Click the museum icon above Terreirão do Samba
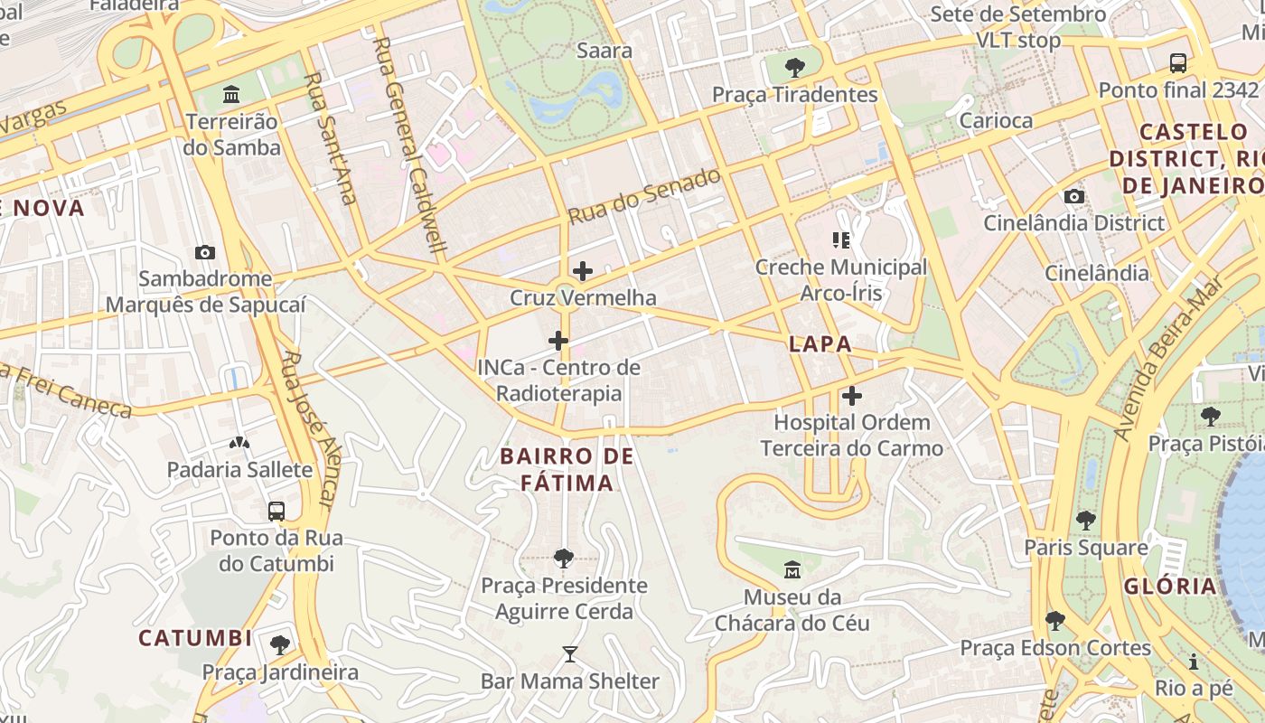(x=231, y=94)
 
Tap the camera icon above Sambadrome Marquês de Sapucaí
(x=205, y=252)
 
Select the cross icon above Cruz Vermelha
(x=583, y=270)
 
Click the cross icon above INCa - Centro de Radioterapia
(x=558, y=341)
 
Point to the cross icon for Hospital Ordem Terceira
(x=851, y=396)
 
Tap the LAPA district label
(x=820, y=343)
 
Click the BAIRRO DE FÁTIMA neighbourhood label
(x=567, y=470)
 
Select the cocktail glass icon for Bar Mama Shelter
(x=569, y=653)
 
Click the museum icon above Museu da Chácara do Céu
(x=792, y=570)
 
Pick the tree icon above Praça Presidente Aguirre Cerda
(x=564, y=559)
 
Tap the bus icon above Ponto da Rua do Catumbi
(x=276, y=511)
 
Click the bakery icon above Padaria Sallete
(x=239, y=443)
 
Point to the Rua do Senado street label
(x=644, y=196)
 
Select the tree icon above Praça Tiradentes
(x=795, y=67)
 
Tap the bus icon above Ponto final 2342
(x=1178, y=63)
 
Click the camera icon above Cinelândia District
(x=1074, y=196)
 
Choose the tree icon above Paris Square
(x=1085, y=521)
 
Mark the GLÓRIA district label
(x=1170, y=586)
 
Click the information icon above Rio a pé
(x=1194, y=662)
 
